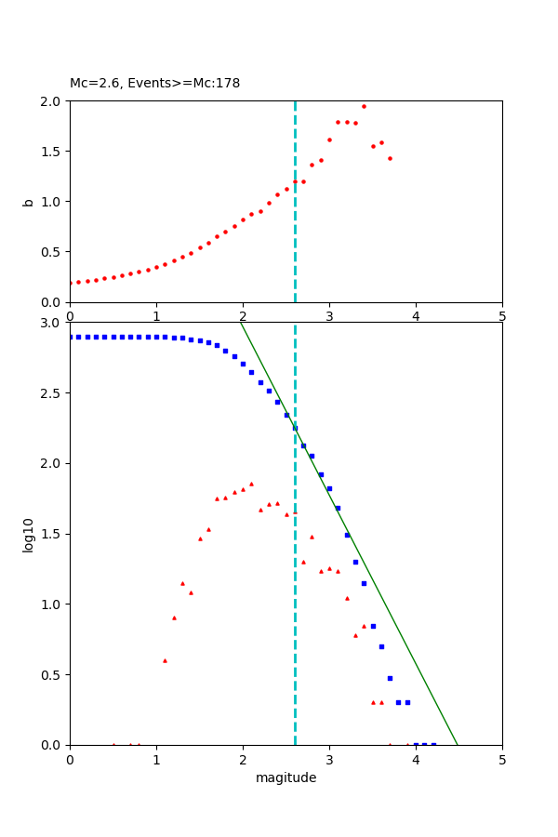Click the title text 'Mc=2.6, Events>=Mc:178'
[154, 84]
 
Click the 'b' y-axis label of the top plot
[29, 201]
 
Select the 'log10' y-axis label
[29, 534]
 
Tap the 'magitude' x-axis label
[286, 777]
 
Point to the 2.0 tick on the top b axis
[54, 100]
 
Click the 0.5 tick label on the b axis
[54, 252]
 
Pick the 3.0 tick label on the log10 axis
[54, 323]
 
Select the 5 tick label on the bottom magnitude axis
[502, 759]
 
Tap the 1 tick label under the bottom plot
[156, 759]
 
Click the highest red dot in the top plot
[364, 106]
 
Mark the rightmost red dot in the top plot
[390, 158]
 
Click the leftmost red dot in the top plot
[71, 283]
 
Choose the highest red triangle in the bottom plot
[251, 484]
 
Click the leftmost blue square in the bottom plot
[71, 337]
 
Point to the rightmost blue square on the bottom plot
[433, 744]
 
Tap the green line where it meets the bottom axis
[458, 744]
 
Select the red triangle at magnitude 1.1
[165, 660]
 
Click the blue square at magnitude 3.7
[390, 678]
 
